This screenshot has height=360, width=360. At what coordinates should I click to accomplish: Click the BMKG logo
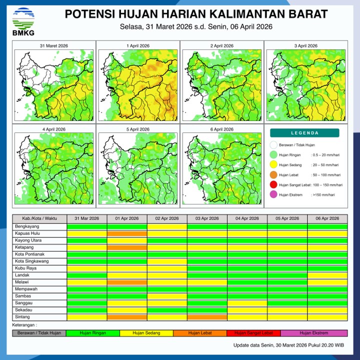(21, 21)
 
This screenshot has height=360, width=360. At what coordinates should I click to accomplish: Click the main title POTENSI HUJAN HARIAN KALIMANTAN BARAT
(196, 13)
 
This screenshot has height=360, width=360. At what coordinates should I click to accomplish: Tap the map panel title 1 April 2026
(137, 46)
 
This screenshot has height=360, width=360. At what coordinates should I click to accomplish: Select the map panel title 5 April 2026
(137, 129)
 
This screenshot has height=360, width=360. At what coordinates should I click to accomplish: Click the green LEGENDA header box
(304, 133)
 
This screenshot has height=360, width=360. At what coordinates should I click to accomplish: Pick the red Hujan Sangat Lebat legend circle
(273, 185)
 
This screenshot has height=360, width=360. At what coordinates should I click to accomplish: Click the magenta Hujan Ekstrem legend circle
(273, 195)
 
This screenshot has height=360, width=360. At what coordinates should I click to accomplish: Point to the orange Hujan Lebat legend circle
(273, 175)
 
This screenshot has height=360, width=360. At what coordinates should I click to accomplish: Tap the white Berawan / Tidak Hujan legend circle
(273, 145)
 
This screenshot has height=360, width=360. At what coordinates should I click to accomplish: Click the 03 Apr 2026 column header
(207, 218)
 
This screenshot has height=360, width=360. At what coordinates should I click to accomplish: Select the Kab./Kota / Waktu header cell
(39, 218)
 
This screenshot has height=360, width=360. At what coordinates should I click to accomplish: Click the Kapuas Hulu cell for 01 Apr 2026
(127, 233)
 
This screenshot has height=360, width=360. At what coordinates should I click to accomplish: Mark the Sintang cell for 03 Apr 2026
(207, 317)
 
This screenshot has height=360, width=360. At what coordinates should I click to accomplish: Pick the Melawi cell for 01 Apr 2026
(127, 282)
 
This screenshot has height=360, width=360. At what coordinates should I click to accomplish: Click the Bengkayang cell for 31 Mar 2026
(87, 226)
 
